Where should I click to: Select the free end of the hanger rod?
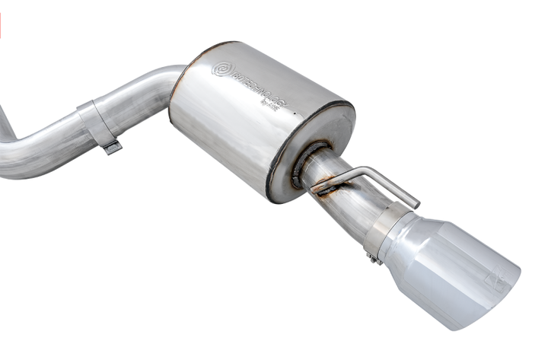[415, 202]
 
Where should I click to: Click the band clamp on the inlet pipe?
[98, 122]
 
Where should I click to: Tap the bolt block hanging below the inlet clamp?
[113, 147]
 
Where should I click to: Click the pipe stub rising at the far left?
[6, 126]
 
